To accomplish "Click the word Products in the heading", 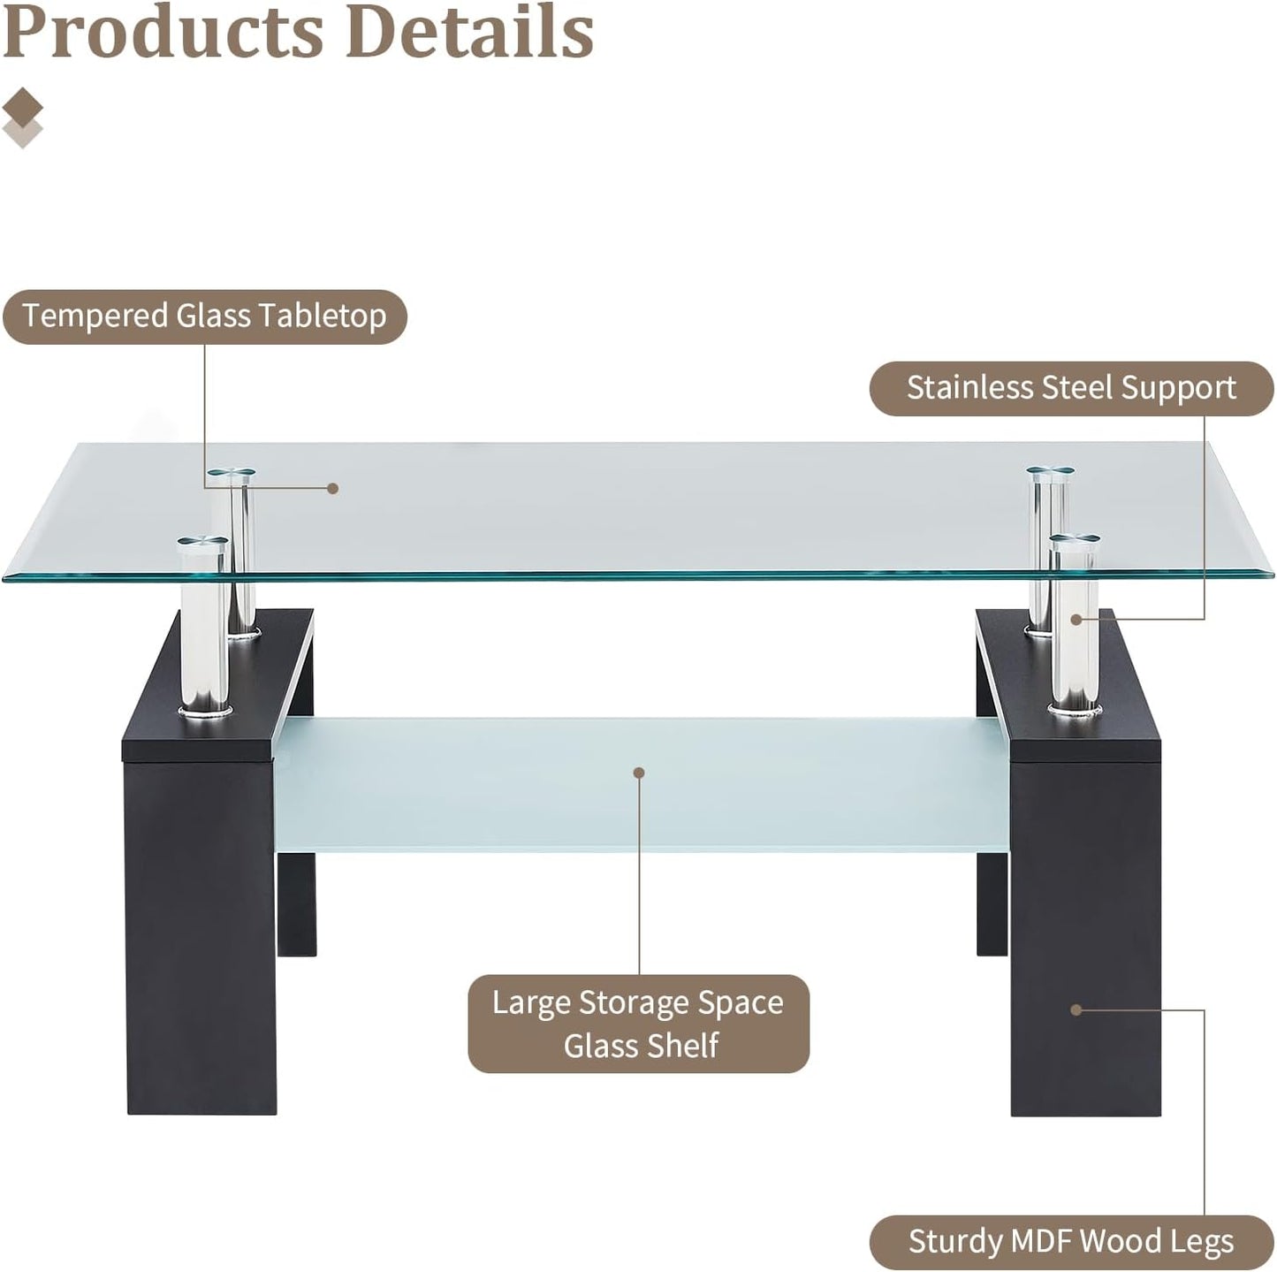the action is point(163,31).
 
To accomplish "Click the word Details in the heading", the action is point(478,30).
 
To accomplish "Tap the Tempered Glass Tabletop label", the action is point(205,316).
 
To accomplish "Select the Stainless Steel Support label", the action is point(1071,388).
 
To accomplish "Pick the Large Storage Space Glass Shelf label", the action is point(639,1024).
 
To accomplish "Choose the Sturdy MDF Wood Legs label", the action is point(1071,1242).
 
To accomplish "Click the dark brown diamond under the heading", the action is point(22,106).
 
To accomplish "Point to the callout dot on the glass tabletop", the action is point(333,489).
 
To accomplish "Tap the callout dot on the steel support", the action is point(1076,619).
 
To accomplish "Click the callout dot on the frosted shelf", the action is point(639,773).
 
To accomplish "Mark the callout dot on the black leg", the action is point(1076,1010).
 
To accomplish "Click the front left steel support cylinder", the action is point(204,627).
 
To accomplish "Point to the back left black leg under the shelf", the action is point(296,904).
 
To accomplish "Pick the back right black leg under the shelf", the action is point(992,904).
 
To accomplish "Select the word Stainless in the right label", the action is point(971,388).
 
